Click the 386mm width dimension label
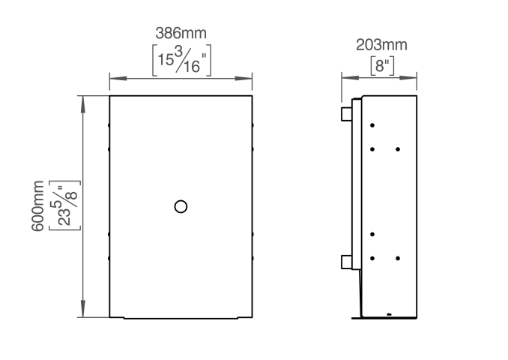(181, 33)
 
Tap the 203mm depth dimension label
(381, 45)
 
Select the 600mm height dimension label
(37, 205)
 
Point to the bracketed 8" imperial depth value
(382, 66)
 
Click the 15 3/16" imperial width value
(182, 60)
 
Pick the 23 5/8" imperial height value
(64, 205)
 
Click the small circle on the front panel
(181, 206)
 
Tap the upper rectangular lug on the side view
(347, 114)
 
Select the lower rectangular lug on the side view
(347, 262)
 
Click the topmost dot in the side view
(372, 125)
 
